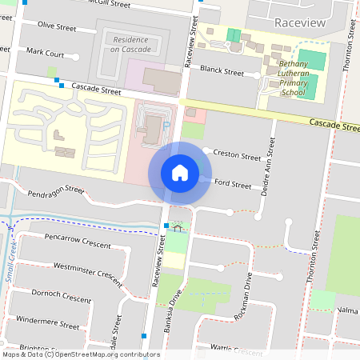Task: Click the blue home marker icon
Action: tap(180, 172)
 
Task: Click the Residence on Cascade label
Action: tap(130, 44)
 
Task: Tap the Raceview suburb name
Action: tap(298, 23)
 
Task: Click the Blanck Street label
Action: tap(222, 71)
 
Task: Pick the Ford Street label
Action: tap(234, 183)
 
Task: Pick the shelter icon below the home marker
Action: tap(177, 227)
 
